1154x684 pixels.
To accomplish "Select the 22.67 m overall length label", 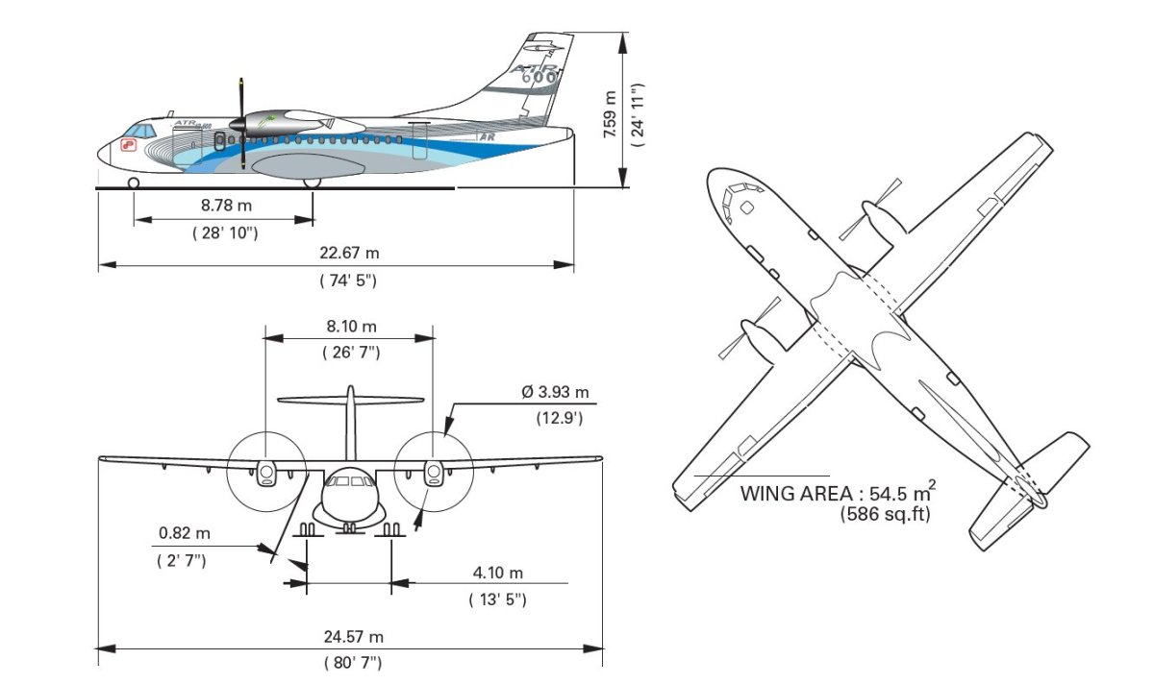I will pos(349,253).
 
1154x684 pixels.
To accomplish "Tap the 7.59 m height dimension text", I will pos(608,114).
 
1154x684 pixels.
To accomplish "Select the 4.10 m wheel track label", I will pos(497,574).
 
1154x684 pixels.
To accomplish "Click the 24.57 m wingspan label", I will pos(352,637).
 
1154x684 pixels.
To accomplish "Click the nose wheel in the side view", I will pos(133,182).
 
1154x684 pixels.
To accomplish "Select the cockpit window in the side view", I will pos(139,130).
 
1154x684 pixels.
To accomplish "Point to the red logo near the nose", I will pos(127,145).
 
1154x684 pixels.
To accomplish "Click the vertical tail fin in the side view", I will pos(539,77).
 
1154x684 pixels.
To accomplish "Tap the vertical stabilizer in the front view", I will pos(351,423).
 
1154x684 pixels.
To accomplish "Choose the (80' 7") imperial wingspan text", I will pos(350,663).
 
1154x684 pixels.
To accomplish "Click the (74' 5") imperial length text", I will pos(348,280).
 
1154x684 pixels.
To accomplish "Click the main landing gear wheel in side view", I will pos(312,182).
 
